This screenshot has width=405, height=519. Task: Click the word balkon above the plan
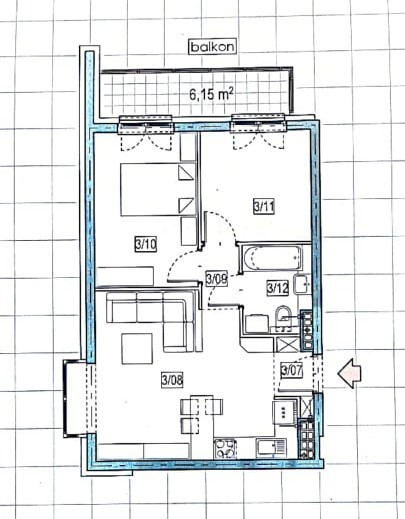[x=212, y=47]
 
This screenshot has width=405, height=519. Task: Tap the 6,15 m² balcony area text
[x=211, y=95]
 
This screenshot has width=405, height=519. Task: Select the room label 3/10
[x=146, y=245]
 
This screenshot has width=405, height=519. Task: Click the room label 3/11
[x=264, y=207]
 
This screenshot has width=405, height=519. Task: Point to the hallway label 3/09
[x=217, y=279]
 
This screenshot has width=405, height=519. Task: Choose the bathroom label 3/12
[x=278, y=287]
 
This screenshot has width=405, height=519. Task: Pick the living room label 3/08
[x=172, y=380]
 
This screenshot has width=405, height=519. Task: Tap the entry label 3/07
[x=292, y=370]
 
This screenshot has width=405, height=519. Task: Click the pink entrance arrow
[x=350, y=374]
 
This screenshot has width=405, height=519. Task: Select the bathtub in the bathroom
[x=273, y=258]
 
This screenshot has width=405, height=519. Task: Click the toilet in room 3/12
[x=283, y=317]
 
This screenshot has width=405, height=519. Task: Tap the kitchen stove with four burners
[x=225, y=449]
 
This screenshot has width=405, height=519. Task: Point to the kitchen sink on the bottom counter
[x=271, y=447]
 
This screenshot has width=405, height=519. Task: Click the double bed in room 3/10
[x=157, y=189]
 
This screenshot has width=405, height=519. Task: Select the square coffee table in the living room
[x=137, y=349]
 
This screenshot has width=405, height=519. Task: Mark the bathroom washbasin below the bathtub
[x=302, y=284]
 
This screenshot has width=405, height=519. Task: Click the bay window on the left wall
[x=76, y=397]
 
